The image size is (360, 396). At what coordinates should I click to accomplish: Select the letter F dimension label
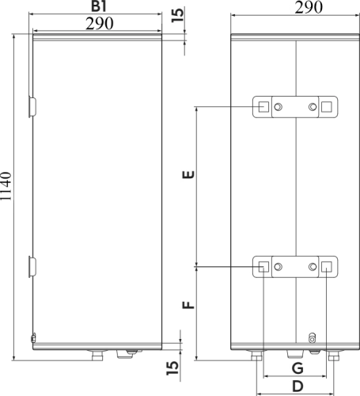[188, 305]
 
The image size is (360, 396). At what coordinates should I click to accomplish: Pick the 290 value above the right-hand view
[294, 9]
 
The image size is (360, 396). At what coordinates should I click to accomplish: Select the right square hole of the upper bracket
[328, 106]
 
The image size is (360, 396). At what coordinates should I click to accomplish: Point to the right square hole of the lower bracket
[328, 267]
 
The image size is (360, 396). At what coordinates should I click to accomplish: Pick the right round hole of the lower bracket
[313, 267]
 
